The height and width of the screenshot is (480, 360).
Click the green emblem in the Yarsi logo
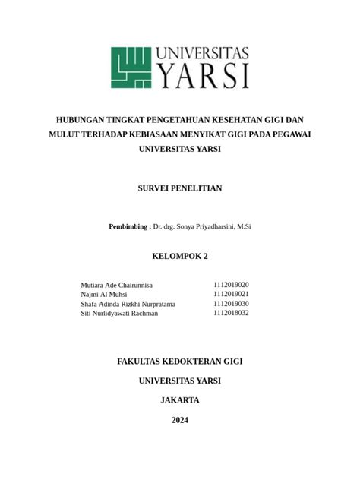pyautogui.click(x=132, y=68)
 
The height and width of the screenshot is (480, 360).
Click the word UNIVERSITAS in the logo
pyautogui.click(x=203, y=54)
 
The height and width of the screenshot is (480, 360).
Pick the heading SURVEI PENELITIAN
pyautogui.click(x=180, y=188)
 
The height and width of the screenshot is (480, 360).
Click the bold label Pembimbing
pyautogui.click(x=128, y=226)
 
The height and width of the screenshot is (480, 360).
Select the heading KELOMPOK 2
pyautogui.click(x=180, y=256)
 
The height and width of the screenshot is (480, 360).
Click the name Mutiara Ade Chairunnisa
pyautogui.click(x=116, y=285)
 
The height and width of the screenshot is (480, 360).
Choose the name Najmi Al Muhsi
pyautogui.click(x=103, y=294)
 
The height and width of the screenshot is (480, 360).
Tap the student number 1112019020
pyautogui.click(x=231, y=285)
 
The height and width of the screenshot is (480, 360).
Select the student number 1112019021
pyautogui.click(x=231, y=294)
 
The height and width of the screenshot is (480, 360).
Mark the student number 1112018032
pyautogui.click(x=231, y=313)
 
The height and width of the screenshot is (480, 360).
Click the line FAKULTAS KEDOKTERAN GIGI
pyautogui.click(x=180, y=362)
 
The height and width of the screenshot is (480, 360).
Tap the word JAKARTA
pyautogui.click(x=180, y=400)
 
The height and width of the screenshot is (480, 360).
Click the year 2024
pyautogui.click(x=180, y=420)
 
